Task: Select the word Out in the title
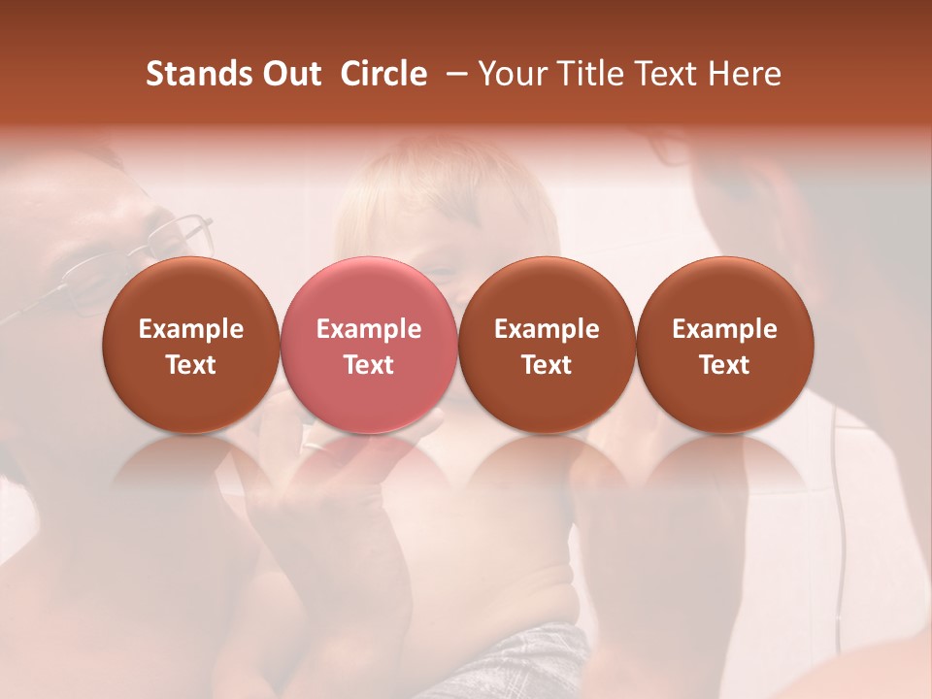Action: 289,74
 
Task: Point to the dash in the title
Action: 453,74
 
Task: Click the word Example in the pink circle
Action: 369,329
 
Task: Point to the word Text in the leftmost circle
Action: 190,365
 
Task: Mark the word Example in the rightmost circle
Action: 724,329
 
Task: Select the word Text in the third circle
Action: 547,365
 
